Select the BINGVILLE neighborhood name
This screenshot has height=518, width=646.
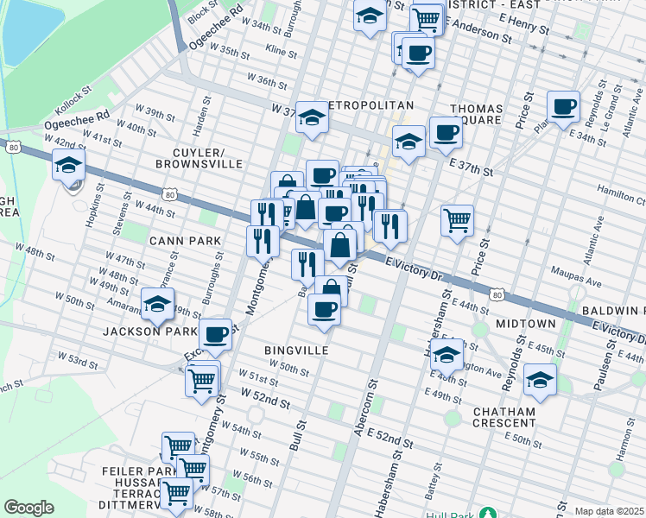(296, 351)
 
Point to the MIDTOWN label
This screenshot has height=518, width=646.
(526, 323)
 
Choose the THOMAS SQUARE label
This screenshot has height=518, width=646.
(476, 114)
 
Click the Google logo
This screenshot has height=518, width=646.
(28, 508)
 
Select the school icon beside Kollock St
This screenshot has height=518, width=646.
(68, 165)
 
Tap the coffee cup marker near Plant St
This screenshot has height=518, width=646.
(564, 107)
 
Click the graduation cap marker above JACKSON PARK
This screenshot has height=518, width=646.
(157, 304)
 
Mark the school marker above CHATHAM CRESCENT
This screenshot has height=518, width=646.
(540, 379)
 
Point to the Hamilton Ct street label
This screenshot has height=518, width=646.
(622, 197)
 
